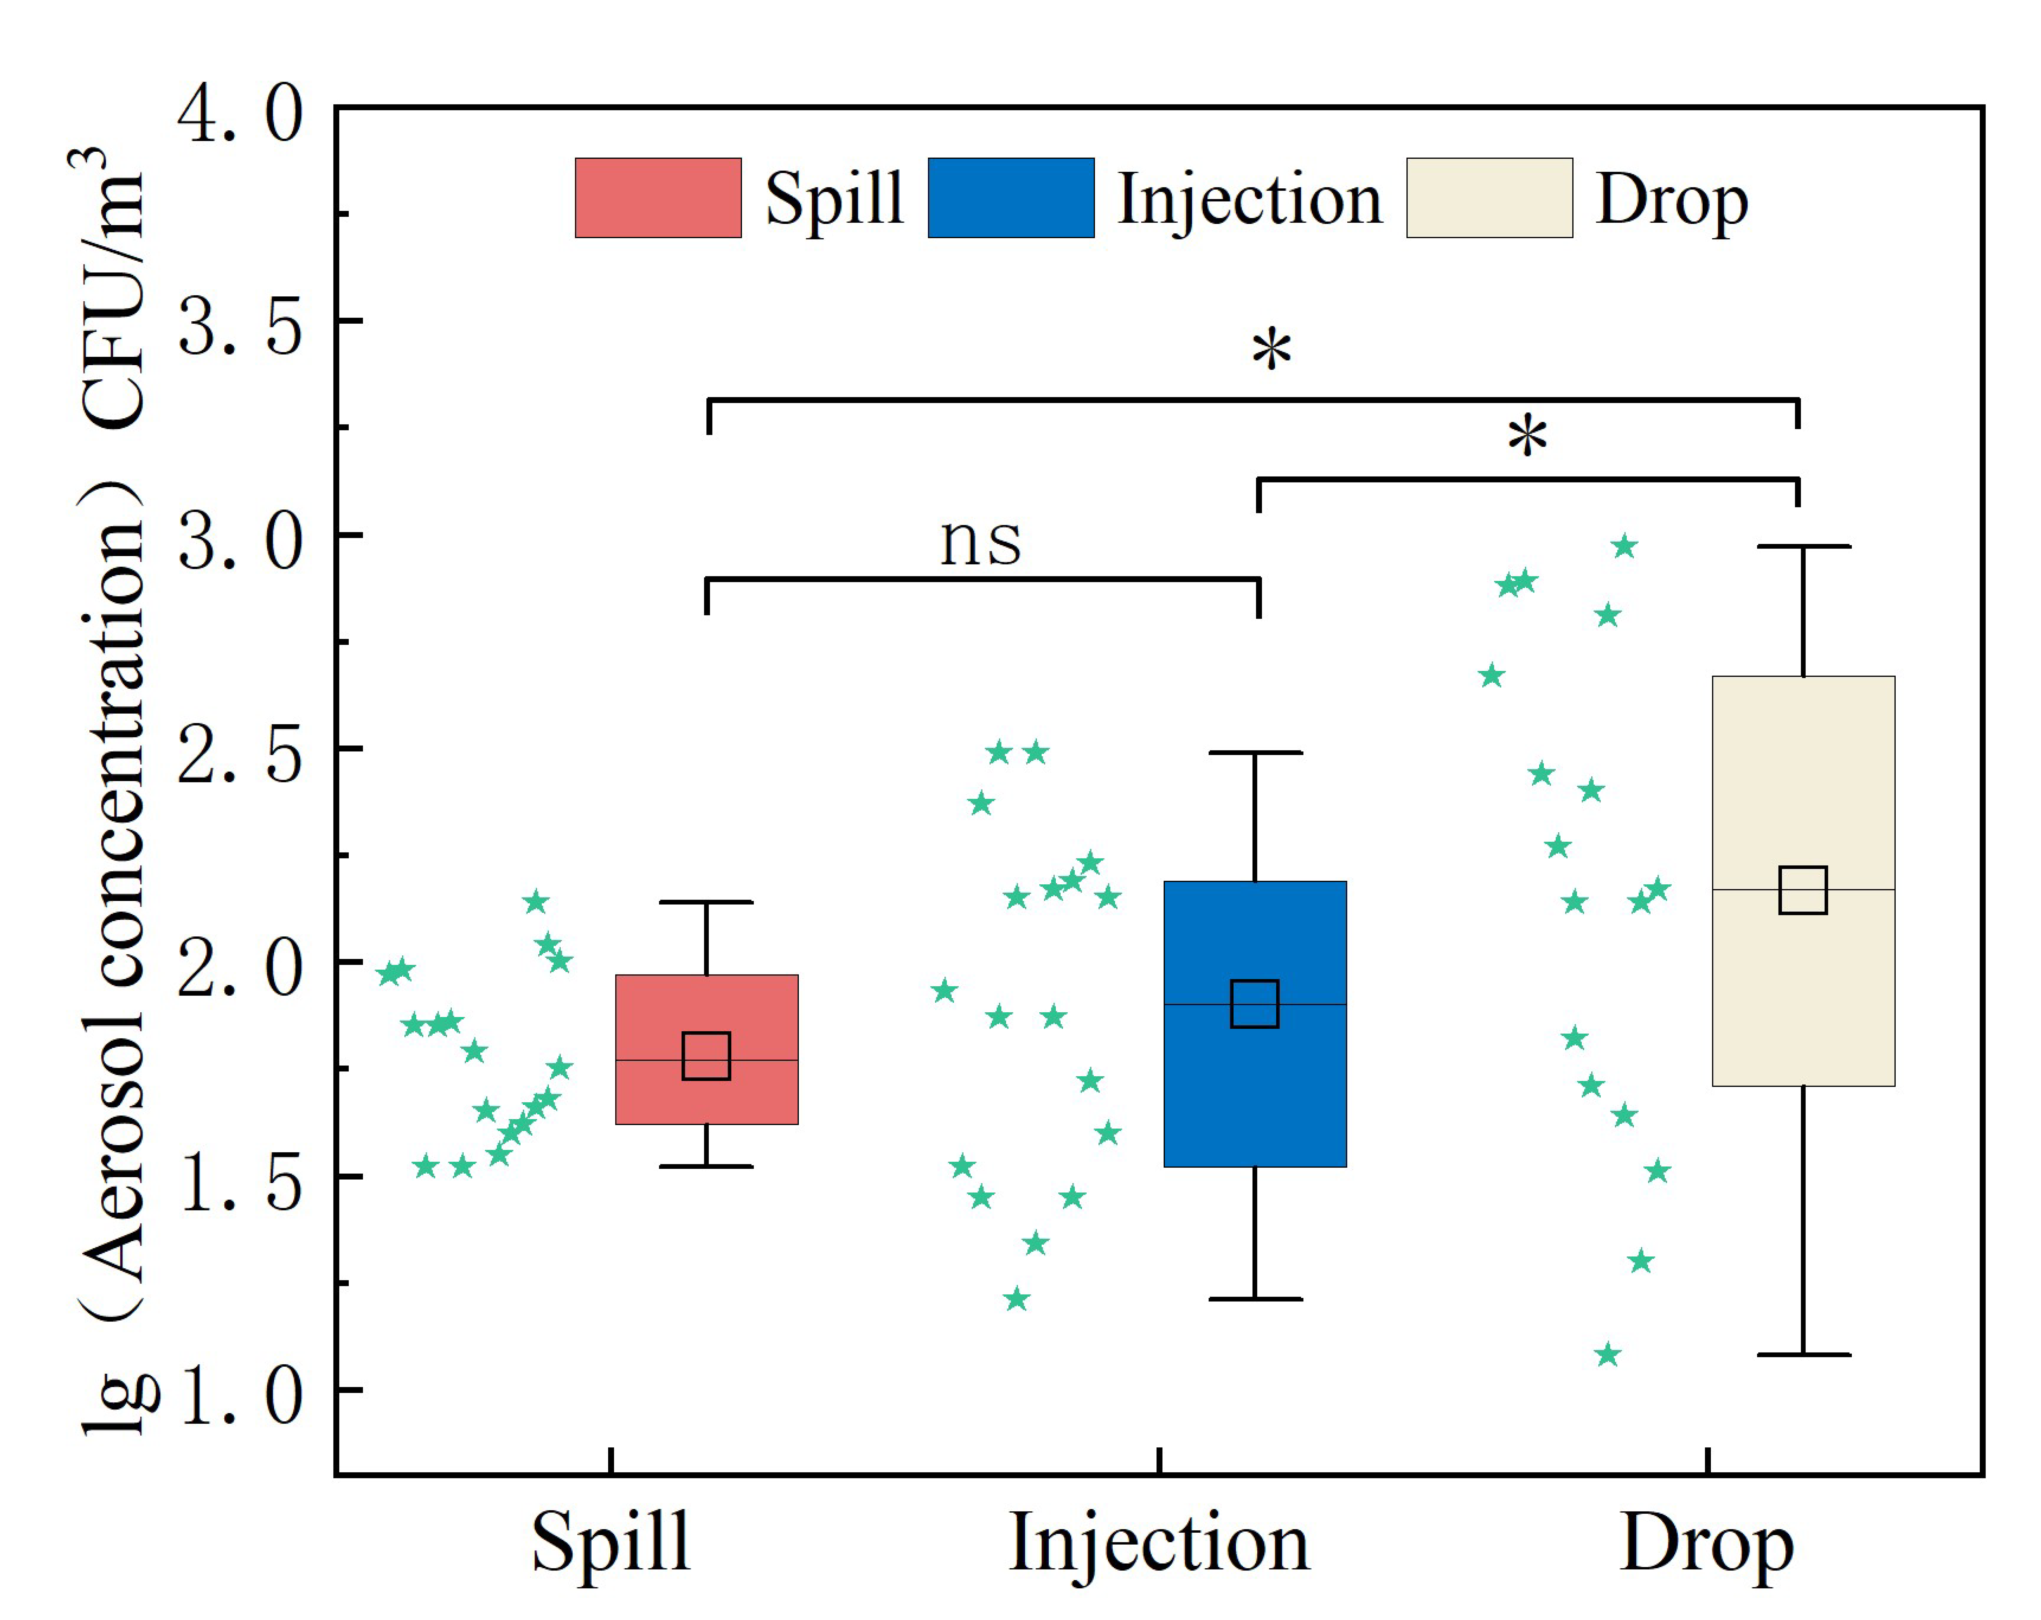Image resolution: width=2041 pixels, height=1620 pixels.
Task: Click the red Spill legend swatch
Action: (x=658, y=198)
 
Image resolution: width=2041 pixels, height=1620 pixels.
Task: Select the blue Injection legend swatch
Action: (x=1011, y=198)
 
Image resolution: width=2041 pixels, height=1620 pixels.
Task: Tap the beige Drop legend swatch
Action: (x=1489, y=198)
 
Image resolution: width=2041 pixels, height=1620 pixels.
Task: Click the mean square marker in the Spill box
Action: (x=706, y=1056)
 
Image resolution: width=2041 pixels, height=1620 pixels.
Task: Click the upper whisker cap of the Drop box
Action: (x=1803, y=546)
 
